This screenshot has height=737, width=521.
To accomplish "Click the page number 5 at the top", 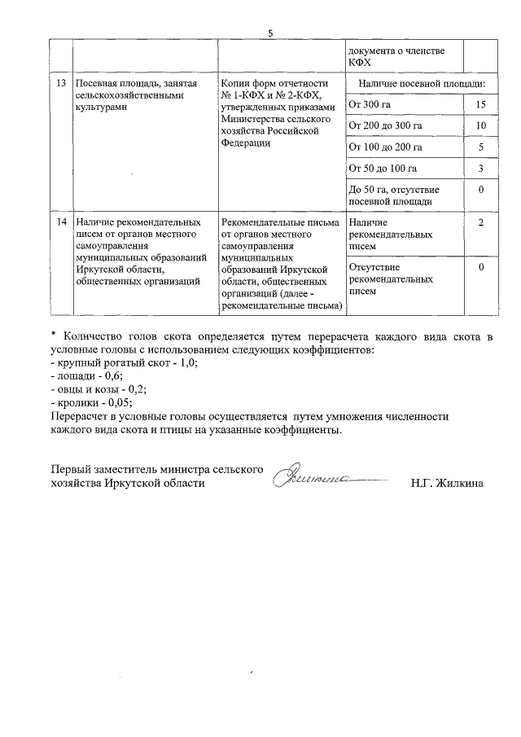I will pyautogui.click(x=270, y=33).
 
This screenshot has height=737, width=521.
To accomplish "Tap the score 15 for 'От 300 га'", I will pyautogui.click(x=481, y=105).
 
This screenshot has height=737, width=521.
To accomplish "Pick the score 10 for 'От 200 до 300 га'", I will pyautogui.click(x=481, y=126).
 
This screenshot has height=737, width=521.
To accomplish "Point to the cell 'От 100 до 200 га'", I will pyautogui.click(x=384, y=147).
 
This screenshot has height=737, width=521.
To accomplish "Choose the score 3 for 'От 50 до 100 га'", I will pyautogui.click(x=481, y=169).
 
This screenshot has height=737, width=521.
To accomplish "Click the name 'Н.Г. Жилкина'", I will pyautogui.click(x=447, y=483).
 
